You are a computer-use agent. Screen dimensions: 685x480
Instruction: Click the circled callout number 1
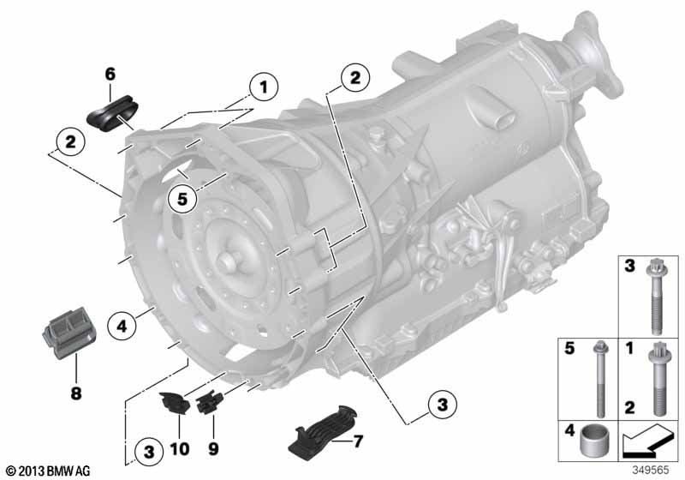[x=264, y=87]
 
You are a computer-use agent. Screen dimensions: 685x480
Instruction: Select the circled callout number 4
[x=122, y=326]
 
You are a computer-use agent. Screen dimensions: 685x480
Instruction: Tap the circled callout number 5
[x=182, y=199]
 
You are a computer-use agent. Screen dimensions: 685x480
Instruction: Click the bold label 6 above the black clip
[x=110, y=75]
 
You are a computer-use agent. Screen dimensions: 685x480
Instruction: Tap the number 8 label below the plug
[x=76, y=393]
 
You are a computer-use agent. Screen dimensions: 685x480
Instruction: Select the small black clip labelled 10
[x=175, y=403]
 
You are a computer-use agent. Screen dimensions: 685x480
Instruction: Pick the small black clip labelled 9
[x=210, y=403]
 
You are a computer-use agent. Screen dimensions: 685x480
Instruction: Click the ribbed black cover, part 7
[x=323, y=433]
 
